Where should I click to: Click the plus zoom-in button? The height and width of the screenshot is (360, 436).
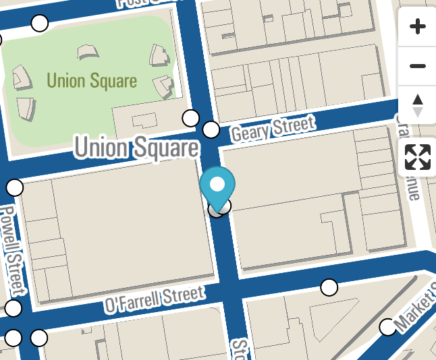[418, 27]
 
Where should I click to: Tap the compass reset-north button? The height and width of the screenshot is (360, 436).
[418, 105]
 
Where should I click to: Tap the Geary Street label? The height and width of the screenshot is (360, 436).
[273, 129]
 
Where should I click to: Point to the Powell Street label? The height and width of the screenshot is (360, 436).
[13, 249]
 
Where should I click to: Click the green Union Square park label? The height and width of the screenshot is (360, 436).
[92, 81]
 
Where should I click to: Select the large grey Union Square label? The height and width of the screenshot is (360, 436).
[137, 148]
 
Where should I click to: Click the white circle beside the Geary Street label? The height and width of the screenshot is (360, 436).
[211, 129]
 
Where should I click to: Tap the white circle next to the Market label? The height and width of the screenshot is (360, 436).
[387, 327]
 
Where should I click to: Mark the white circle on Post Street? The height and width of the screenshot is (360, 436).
[40, 24]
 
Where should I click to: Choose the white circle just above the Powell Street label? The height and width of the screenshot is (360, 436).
[15, 187]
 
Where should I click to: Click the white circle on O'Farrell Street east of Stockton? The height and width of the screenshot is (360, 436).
[329, 287]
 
